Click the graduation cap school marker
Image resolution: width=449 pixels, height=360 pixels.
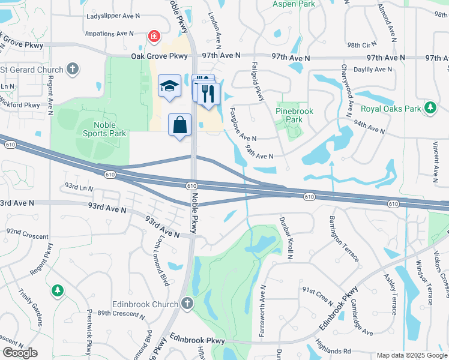[x=169, y=86]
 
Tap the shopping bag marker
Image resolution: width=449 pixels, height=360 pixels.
[x=179, y=125]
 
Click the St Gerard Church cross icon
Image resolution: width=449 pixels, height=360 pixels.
[x=73, y=69]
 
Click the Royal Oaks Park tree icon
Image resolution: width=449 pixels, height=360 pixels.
[x=430, y=108]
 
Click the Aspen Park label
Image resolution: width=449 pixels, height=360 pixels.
[x=294, y=4]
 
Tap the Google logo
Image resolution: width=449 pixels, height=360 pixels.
[x=20, y=353]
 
